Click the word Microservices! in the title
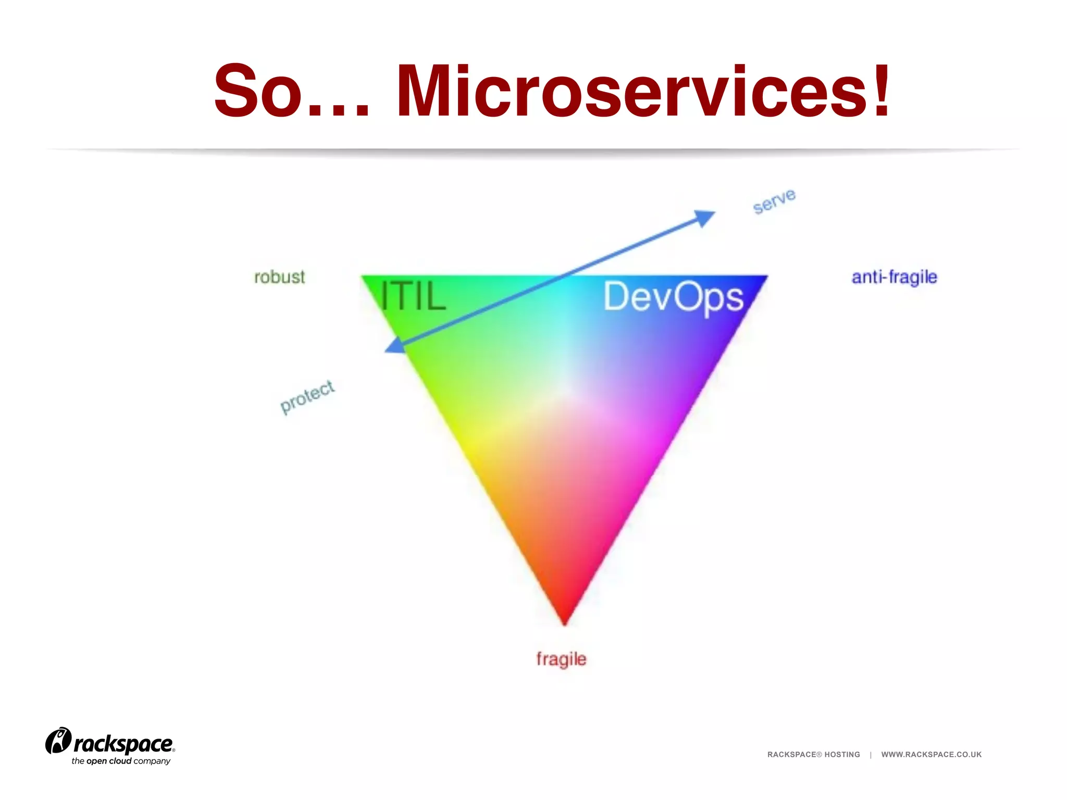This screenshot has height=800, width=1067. pos(643,91)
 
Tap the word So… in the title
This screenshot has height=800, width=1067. pos(292,91)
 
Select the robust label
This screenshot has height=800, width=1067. pos(279,277)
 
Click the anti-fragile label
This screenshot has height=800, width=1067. pos(894,277)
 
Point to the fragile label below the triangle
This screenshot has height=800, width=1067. pos(561,659)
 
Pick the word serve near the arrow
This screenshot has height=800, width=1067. pos(774,201)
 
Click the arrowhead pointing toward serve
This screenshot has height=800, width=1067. pos(705,217)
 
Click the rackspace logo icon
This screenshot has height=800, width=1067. pos(58,741)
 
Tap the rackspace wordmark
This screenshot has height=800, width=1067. pos(123,744)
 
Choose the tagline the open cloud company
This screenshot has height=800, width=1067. pos(121,761)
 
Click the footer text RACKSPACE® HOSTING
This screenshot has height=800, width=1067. pos(813,755)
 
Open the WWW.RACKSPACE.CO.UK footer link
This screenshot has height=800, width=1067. pos(931,755)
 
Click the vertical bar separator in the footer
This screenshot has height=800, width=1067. pos(871,755)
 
